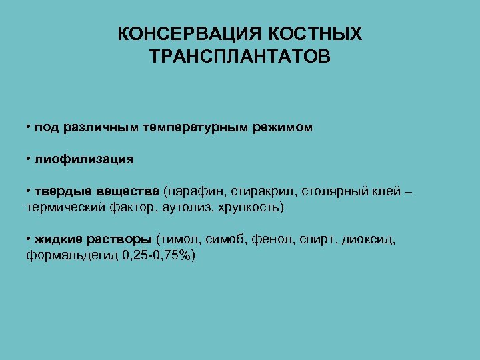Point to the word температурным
[197, 127]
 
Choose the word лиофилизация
[84, 159]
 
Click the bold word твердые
[60, 192]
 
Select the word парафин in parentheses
[195, 192]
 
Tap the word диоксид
[367, 240]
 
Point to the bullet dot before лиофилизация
[29, 159]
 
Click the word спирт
[315, 240]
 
